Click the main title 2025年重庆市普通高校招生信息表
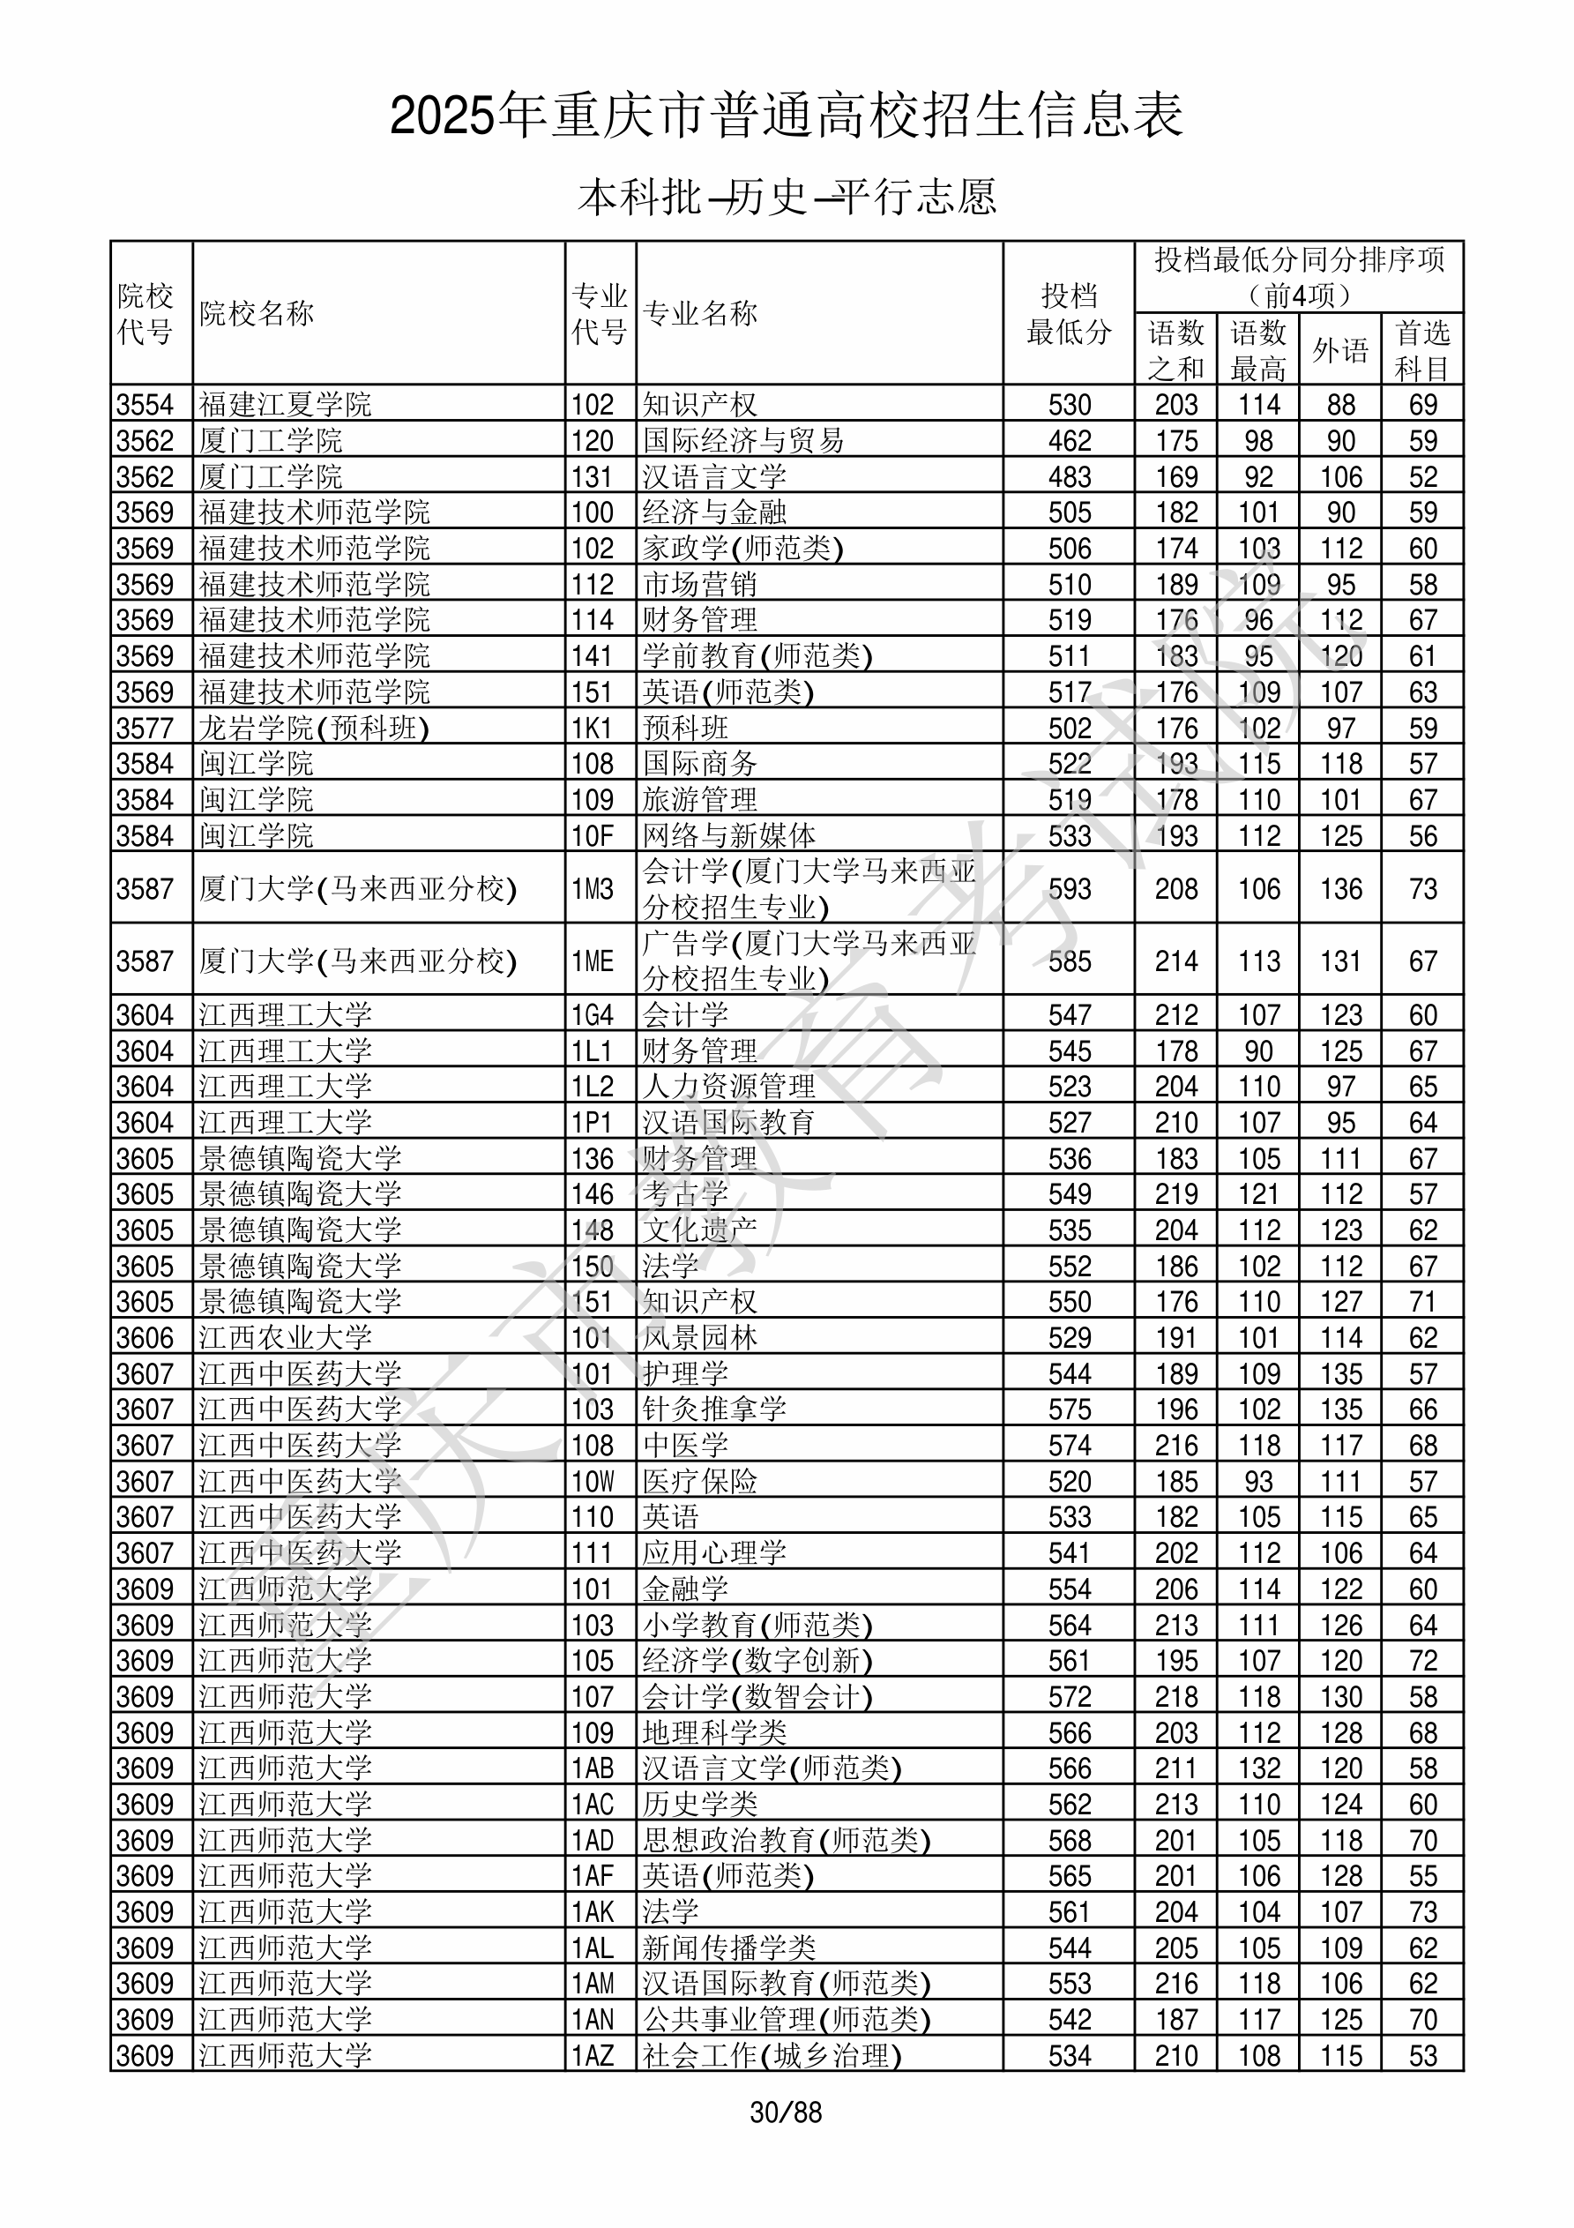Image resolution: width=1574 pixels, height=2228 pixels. click(x=786, y=116)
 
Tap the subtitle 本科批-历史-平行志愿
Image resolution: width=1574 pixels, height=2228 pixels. click(x=786, y=197)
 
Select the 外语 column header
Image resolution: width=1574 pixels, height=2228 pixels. click(x=1340, y=349)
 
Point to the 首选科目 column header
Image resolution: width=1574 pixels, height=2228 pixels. click(x=1421, y=349)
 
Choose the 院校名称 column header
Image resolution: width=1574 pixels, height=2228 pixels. click(x=257, y=313)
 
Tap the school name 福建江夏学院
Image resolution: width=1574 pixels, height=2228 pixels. click(x=286, y=405)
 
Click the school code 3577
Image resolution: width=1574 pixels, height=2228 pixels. click(x=145, y=728)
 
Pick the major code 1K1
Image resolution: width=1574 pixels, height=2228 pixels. click(x=592, y=728)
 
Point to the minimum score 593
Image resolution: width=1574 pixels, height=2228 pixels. click(x=1070, y=889)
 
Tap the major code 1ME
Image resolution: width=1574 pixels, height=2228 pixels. click(x=592, y=961)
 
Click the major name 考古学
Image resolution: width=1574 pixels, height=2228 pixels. click(x=684, y=1194)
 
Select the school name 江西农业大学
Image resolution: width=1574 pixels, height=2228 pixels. click(x=286, y=1338)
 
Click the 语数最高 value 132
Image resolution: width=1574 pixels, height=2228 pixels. click(x=1258, y=1768)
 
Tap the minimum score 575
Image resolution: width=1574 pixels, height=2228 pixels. click(x=1070, y=1409)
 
